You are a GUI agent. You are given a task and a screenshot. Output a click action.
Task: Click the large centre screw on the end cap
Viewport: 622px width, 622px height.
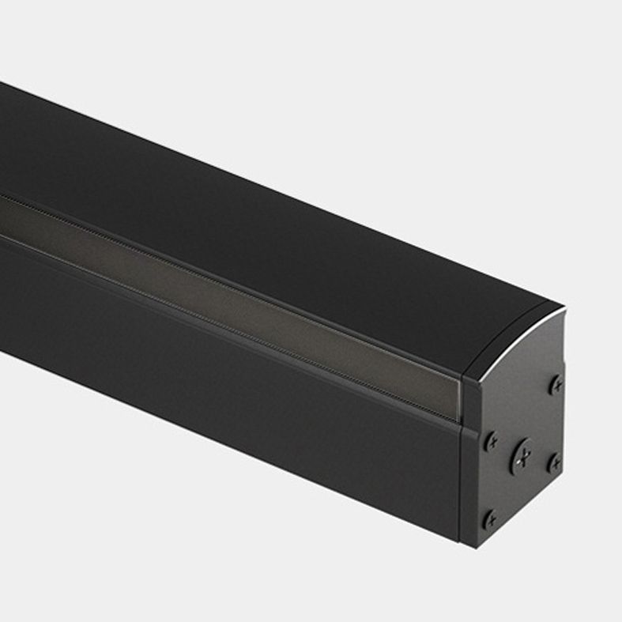522,455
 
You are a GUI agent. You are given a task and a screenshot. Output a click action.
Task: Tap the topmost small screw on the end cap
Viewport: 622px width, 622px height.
557,385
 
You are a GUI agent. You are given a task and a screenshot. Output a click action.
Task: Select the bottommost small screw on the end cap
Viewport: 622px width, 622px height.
490,519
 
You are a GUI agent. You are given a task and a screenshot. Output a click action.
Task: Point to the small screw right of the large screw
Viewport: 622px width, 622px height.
554,462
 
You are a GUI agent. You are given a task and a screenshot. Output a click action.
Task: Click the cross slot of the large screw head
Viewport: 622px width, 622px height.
522,455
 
